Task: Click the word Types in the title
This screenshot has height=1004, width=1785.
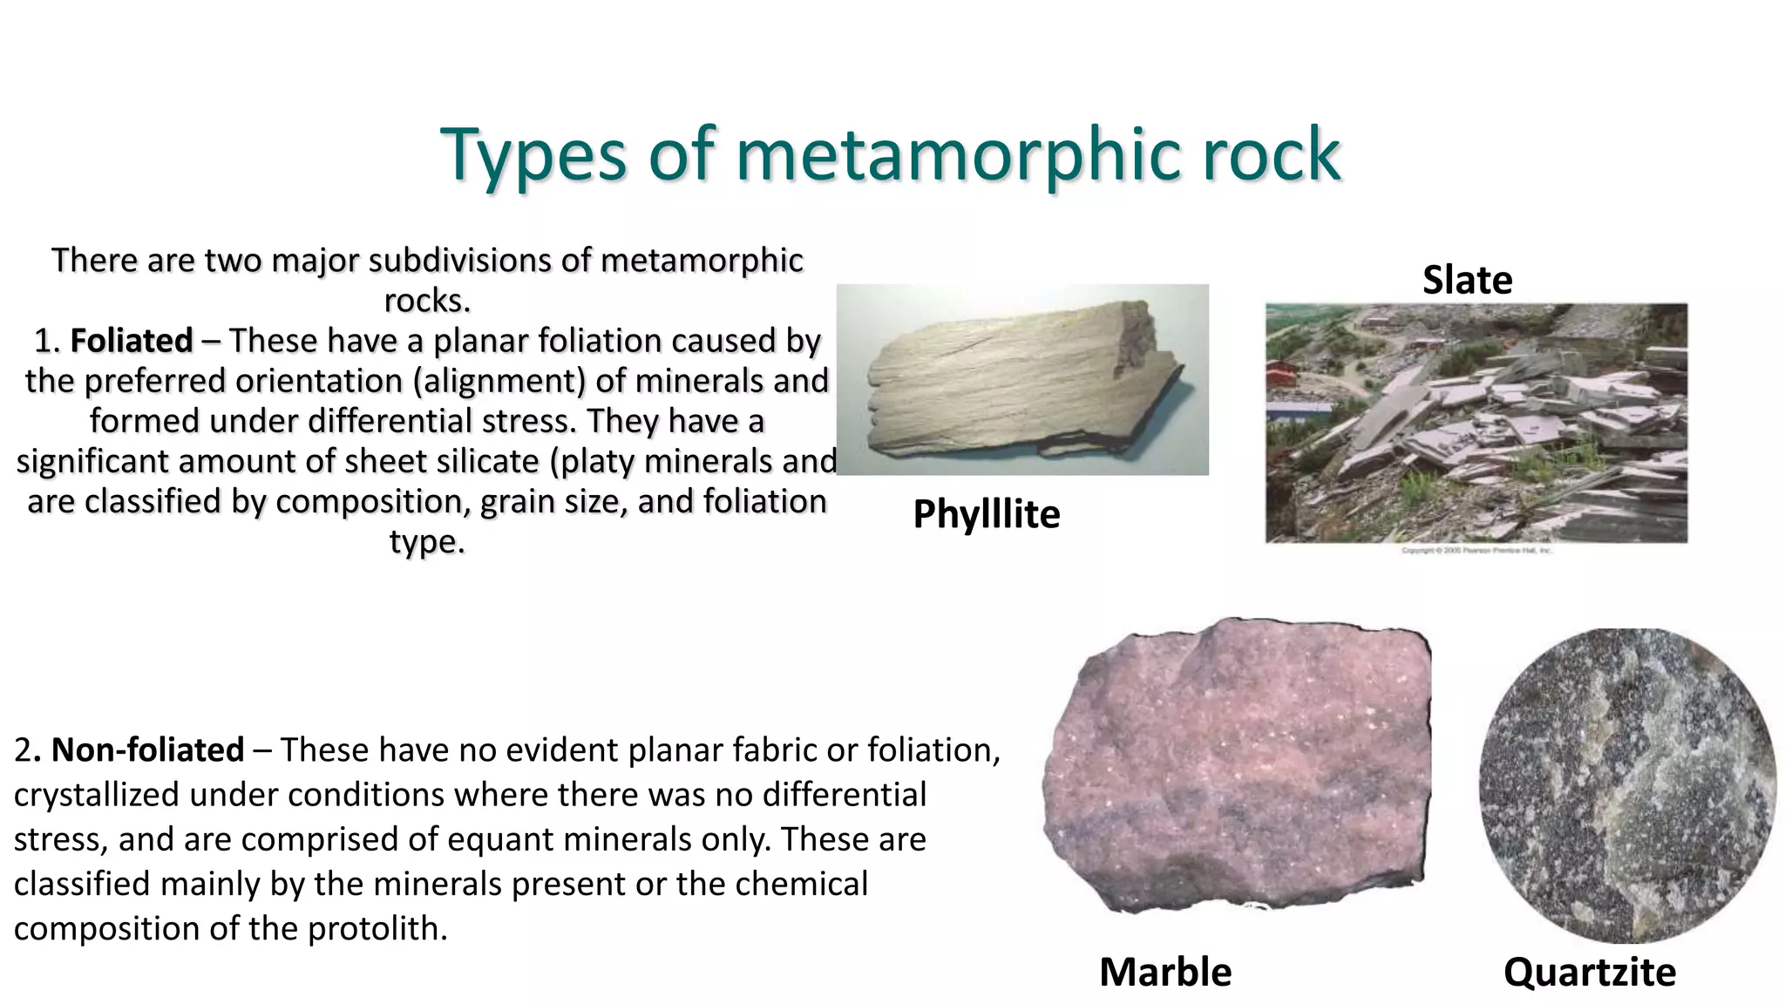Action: (x=533, y=155)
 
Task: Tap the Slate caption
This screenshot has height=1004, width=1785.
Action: (x=1467, y=280)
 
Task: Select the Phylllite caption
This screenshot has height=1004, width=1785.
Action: (x=986, y=514)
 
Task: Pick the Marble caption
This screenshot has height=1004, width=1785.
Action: (x=1164, y=972)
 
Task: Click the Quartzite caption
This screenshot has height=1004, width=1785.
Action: (x=1589, y=972)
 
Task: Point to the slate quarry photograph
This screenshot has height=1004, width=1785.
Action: (x=1476, y=423)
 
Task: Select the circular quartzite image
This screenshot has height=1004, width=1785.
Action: (x=1626, y=784)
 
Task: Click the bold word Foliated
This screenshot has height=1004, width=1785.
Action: (x=131, y=341)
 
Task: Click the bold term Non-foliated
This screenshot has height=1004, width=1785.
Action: (x=147, y=750)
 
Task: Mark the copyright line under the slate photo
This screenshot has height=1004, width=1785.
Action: (x=1476, y=551)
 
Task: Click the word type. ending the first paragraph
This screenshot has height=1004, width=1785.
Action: (x=426, y=542)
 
